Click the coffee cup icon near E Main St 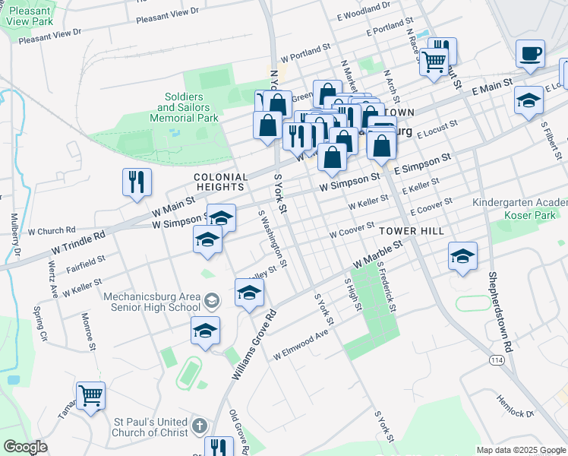click(x=531, y=55)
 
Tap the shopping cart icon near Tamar click(x=90, y=395)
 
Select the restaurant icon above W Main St click(x=137, y=182)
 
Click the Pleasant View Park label click(x=27, y=16)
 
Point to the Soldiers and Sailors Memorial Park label click(x=184, y=107)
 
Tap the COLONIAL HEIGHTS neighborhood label click(x=213, y=182)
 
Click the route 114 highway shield click(x=498, y=358)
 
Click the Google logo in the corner click(x=25, y=447)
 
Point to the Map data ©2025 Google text click(x=521, y=450)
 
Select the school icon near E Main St click(x=529, y=101)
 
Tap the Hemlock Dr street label click(x=516, y=406)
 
